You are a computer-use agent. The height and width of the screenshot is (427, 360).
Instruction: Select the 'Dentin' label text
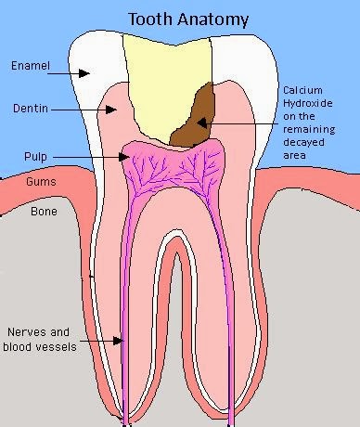[x=29, y=109]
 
